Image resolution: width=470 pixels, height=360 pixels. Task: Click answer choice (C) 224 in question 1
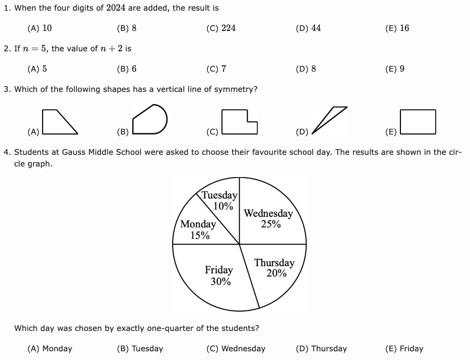pyautogui.click(x=221, y=28)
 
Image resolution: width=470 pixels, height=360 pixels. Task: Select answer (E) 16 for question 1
pyautogui.click(x=397, y=28)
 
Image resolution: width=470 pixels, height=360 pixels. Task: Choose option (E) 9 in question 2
pyautogui.click(x=395, y=69)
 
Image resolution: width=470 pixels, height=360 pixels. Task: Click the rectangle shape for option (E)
pyautogui.click(x=418, y=121)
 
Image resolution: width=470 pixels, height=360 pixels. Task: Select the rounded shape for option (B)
pyautogui.click(x=150, y=120)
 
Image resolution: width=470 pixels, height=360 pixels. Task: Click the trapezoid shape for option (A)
pyautogui.click(x=59, y=121)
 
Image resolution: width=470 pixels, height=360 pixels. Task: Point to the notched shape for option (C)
pyautogui.click(x=238, y=121)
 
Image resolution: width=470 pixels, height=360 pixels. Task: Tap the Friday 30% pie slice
pyautogui.click(x=219, y=275)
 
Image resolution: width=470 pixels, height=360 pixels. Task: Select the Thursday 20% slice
pyautogui.click(x=274, y=268)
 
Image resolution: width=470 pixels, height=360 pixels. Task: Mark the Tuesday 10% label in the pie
pyautogui.click(x=220, y=200)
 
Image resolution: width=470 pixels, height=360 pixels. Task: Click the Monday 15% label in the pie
pyautogui.click(x=198, y=229)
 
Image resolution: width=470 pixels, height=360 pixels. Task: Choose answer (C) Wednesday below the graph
pyautogui.click(x=236, y=348)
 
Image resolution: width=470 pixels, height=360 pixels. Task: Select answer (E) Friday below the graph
pyautogui.click(x=404, y=348)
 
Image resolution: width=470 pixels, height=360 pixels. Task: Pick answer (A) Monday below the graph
pyautogui.click(x=50, y=348)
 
